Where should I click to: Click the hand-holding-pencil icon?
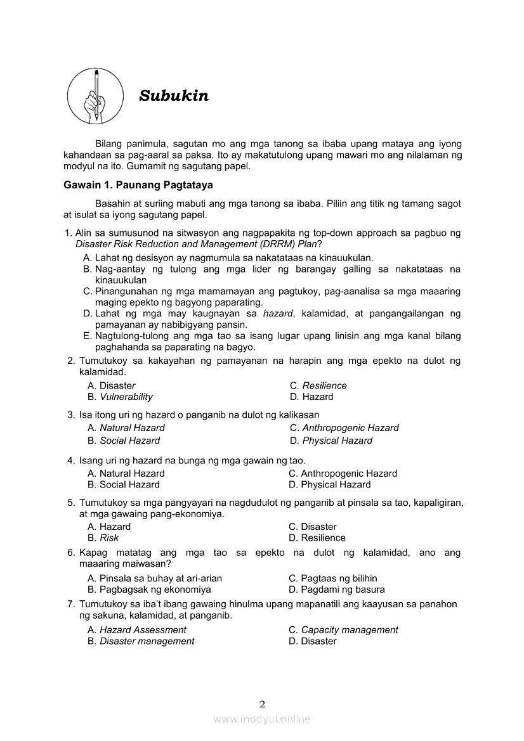coord(95,96)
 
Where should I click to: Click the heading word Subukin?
coord(174,96)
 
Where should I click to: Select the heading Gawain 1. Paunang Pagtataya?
coord(138,185)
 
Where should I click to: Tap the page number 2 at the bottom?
coord(262,704)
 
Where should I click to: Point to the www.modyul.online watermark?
coord(262,719)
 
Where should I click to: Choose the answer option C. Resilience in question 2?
coord(318,385)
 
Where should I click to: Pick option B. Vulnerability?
coord(121,397)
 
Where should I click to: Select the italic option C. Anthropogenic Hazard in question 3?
coord(344,428)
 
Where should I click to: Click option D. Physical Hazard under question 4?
coord(329,484)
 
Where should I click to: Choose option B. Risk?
coord(103,538)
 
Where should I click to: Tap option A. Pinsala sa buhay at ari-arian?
coord(155,578)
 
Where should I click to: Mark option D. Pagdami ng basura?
coord(336,590)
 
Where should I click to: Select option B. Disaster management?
coord(141,641)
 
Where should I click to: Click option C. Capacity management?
coord(343,630)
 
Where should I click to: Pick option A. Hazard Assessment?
coord(137,630)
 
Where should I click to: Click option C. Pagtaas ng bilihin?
coord(332,578)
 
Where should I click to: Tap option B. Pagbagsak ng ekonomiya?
coord(149,590)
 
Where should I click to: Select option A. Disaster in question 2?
coord(112,385)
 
